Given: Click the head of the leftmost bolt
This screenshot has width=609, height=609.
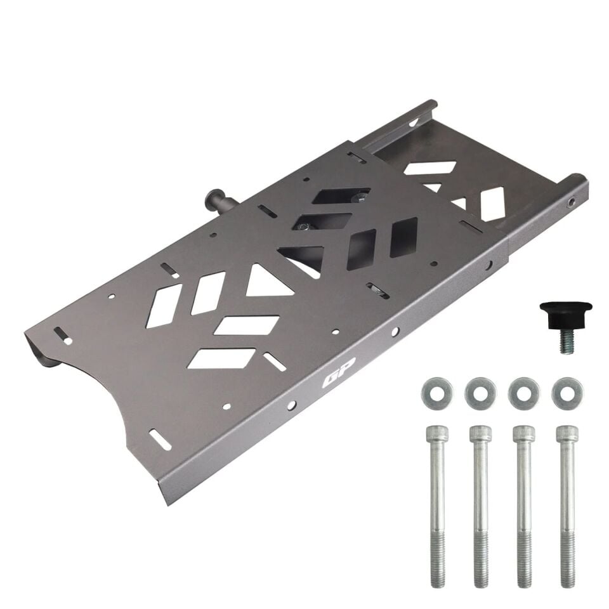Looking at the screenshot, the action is (x=437, y=433).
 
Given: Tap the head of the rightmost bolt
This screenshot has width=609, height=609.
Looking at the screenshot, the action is (x=567, y=433).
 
